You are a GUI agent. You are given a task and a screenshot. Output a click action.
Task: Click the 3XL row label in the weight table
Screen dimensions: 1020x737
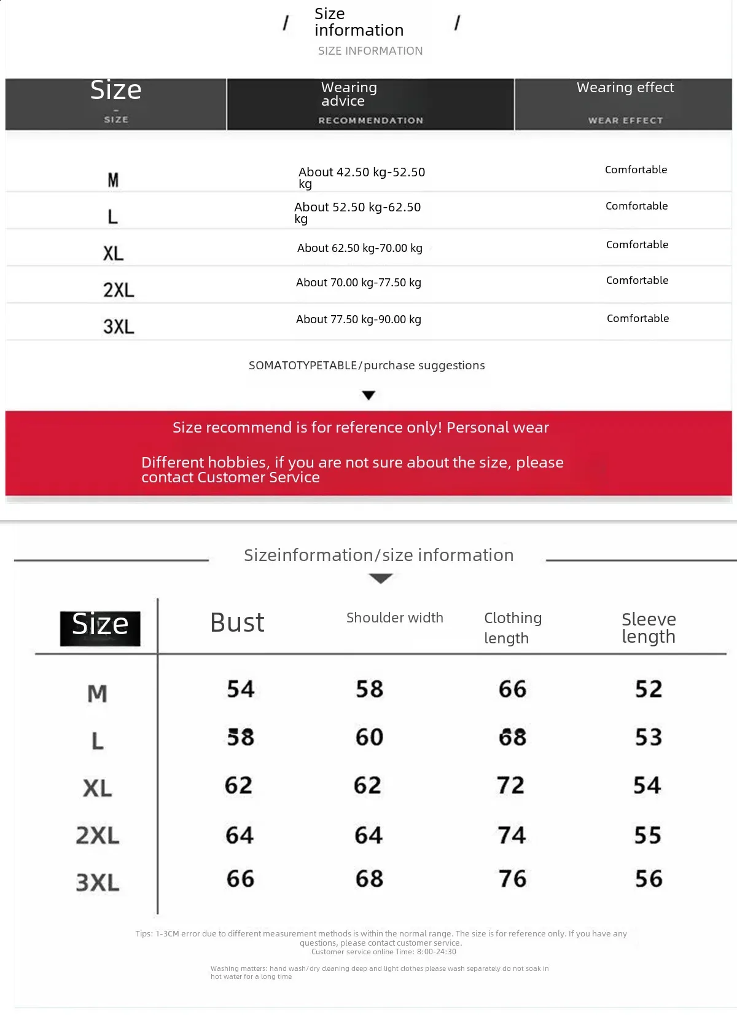(119, 326)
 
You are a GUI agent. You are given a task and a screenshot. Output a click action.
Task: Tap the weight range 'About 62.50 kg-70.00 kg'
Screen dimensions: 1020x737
(359, 248)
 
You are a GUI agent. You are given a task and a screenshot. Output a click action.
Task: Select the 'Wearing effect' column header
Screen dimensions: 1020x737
(625, 88)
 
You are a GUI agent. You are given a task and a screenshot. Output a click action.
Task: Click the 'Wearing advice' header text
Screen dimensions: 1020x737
(349, 94)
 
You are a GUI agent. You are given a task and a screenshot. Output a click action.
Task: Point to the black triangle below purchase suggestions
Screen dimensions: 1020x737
(368, 395)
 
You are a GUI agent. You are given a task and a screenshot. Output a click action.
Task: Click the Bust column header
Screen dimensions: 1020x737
(237, 622)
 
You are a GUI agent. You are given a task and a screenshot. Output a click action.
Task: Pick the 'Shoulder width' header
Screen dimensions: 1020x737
(394, 618)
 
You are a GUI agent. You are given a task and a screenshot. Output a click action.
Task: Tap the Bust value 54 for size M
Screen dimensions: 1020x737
(240, 689)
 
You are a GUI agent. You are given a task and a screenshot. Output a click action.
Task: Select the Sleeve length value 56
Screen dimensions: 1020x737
(649, 879)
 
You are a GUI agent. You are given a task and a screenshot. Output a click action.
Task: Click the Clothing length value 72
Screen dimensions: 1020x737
(510, 785)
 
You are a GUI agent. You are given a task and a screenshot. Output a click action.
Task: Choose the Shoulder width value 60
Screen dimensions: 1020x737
(369, 737)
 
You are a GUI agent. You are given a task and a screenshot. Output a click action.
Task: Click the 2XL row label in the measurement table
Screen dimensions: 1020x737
(97, 836)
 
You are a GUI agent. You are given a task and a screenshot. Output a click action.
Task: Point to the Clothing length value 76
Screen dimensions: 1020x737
(512, 879)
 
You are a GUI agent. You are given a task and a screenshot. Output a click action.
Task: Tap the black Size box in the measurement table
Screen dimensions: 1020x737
(100, 627)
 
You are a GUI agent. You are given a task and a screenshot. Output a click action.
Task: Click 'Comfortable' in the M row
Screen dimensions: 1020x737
(636, 170)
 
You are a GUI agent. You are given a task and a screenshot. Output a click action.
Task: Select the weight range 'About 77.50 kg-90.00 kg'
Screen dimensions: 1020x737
(358, 320)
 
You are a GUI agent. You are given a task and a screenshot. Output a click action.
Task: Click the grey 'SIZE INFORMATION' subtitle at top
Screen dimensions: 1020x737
(370, 51)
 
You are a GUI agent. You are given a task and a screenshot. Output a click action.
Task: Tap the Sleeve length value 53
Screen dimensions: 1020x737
(649, 737)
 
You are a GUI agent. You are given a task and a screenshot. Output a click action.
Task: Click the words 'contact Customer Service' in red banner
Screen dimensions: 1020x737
(230, 477)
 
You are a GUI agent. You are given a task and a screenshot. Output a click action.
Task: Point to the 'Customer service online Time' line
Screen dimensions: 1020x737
(383, 952)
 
